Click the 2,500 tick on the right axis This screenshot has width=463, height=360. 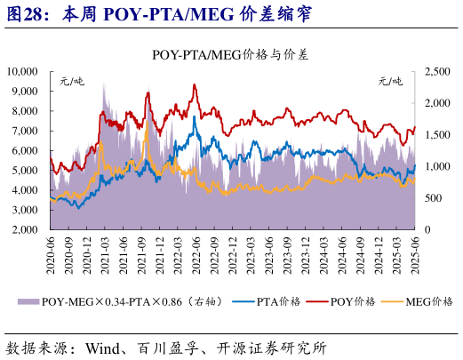(438, 71)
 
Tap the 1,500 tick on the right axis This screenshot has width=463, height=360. (438, 134)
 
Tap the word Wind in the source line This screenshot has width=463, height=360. (105, 346)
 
